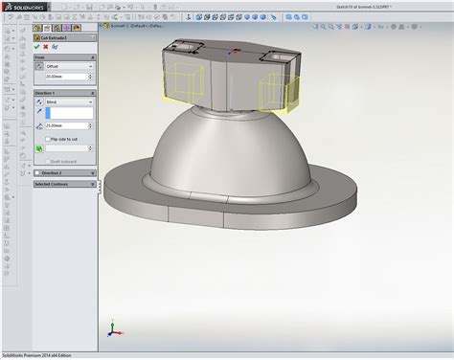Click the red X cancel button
(x=45, y=46)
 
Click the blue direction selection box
(x=67, y=112)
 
